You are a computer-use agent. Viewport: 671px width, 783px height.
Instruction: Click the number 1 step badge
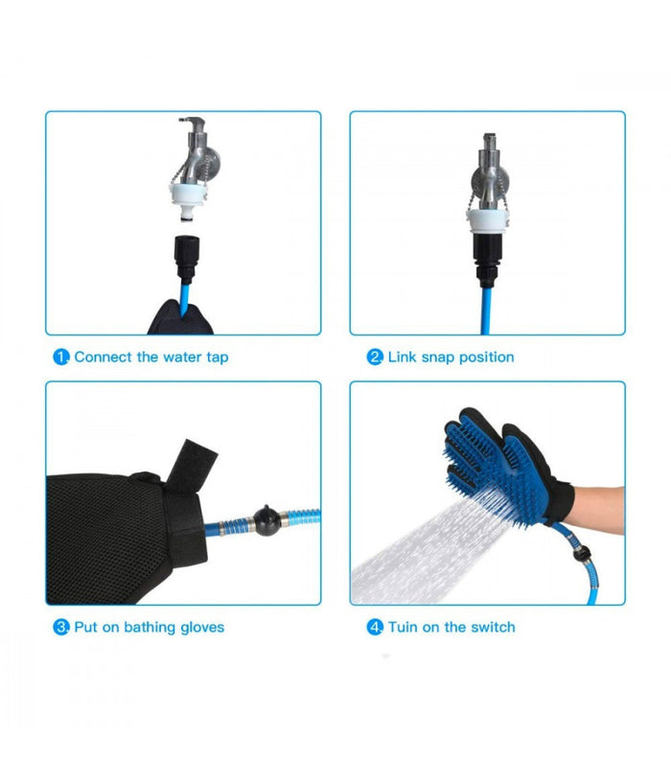(61, 357)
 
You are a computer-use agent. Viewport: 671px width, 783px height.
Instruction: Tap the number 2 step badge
(375, 357)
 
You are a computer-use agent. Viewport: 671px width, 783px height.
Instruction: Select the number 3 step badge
(61, 627)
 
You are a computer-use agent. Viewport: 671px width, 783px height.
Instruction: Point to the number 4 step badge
(375, 627)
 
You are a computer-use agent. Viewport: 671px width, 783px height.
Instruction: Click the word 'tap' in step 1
(218, 358)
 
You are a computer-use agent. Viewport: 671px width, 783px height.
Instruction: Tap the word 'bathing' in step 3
(150, 627)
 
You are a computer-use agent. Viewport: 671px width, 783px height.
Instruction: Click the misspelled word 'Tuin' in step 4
(403, 627)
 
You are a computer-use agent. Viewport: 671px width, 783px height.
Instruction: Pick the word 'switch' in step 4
(493, 627)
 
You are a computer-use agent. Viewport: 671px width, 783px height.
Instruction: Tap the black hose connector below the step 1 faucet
(187, 257)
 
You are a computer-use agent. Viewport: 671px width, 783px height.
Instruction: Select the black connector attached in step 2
(487, 260)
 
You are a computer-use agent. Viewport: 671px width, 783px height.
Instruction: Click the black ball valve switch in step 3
(266, 520)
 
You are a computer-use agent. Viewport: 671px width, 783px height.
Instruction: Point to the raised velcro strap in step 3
(192, 465)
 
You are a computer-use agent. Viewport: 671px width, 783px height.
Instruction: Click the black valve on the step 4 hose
(581, 553)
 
